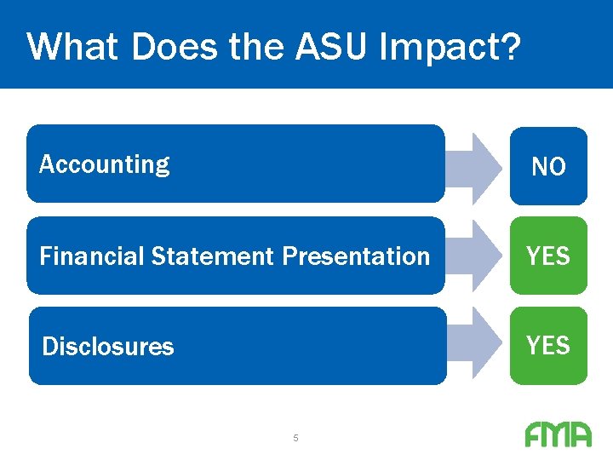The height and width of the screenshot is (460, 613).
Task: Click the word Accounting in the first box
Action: pyautogui.click(x=104, y=164)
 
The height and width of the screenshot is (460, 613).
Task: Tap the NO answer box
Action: pyautogui.click(x=548, y=166)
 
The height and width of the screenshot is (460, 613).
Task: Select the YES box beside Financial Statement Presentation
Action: pyautogui.click(x=548, y=256)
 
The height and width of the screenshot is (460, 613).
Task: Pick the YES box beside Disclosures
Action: pyautogui.click(x=548, y=345)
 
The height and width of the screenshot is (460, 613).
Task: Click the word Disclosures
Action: pyautogui.click(x=108, y=347)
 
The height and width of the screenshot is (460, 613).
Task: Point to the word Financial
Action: pyautogui.click(x=92, y=256)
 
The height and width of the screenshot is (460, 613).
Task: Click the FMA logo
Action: pyautogui.click(x=558, y=435)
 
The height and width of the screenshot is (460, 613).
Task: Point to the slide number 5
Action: pyautogui.click(x=295, y=438)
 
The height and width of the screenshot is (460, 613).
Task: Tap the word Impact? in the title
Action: pyautogui.click(x=449, y=48)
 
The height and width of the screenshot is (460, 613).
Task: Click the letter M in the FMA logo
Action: pyautogui.click(x=557, y=435)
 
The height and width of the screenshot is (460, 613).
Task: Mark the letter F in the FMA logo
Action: pyautogui.click(x=534, y=435)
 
